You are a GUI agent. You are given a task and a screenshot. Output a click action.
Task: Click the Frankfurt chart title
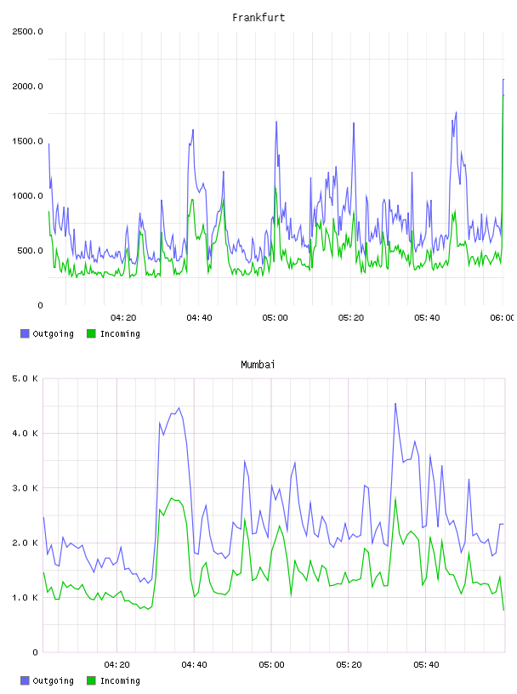[258, 17]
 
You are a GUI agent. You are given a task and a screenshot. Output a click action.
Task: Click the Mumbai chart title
[258, 364]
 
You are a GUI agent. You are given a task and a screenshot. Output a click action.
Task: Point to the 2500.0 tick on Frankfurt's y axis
[27, 31]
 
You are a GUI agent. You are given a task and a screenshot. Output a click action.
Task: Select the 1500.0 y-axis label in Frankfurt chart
[27, 141]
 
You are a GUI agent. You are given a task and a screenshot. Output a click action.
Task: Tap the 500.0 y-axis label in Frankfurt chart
[30, 251]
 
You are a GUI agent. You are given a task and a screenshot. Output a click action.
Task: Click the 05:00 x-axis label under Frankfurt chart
[275, 317]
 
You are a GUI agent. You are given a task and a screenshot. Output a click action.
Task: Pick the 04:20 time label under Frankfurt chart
[123, 317]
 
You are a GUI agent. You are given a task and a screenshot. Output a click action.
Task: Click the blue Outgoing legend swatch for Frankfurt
[25, 333]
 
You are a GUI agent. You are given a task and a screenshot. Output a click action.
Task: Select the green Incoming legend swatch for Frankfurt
[91, 333]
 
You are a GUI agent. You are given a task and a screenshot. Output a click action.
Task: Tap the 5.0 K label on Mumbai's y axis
[25, 378]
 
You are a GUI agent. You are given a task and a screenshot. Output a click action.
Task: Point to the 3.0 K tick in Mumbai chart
[25, 487]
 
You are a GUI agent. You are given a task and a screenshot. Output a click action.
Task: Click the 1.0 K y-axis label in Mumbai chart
[25, 598]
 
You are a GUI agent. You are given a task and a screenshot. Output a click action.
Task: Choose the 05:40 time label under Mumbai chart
[426, 664]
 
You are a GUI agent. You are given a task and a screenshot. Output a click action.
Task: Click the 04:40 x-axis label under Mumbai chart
[195, 664]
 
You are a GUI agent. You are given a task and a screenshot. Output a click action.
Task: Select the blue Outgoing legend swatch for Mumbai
[25, 680]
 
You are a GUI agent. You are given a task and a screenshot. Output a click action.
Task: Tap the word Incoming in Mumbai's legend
[120, 680]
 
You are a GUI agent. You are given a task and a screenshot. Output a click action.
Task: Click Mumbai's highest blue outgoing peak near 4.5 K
[395, 404]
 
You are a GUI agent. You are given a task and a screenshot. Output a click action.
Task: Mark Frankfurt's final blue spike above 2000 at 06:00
[503, 80]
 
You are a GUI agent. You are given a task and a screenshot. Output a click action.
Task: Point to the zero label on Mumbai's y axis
[36, 652]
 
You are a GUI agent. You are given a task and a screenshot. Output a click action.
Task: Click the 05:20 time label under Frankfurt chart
[351, 317]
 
